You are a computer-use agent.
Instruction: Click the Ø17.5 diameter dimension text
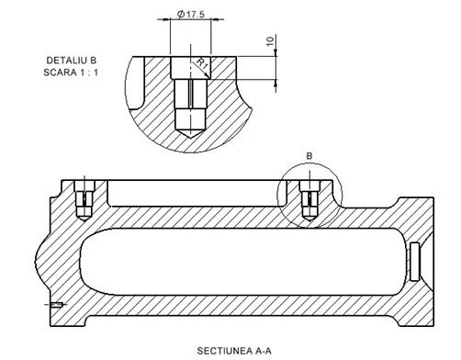click(x=191, y=14)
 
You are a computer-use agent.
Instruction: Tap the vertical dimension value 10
click(x=271, y=41)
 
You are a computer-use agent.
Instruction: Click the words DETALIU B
click(x=72, y=61)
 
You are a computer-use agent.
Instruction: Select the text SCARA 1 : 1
click(x=71, y=73)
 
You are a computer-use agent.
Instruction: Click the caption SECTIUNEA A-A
click(x=234, y=351)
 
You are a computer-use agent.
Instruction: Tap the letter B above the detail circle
click(x=309, y=156)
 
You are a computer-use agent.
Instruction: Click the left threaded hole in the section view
click(x=84, y=199)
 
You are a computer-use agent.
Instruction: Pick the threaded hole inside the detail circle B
click(x=309, y=199)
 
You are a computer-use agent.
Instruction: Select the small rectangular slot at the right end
click(x=414, y=262)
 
